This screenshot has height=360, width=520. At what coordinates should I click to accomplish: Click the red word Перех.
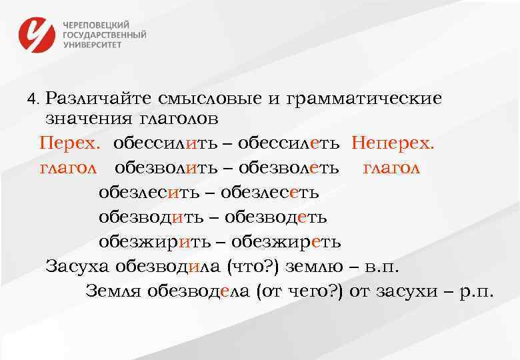(x=70, y=143)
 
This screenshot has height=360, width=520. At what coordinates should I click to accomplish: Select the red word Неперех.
(x=393, y=143)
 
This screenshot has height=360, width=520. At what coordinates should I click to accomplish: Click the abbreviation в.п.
(x=383, y=267)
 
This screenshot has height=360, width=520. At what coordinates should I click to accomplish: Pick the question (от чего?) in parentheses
(x=299, y=291)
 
